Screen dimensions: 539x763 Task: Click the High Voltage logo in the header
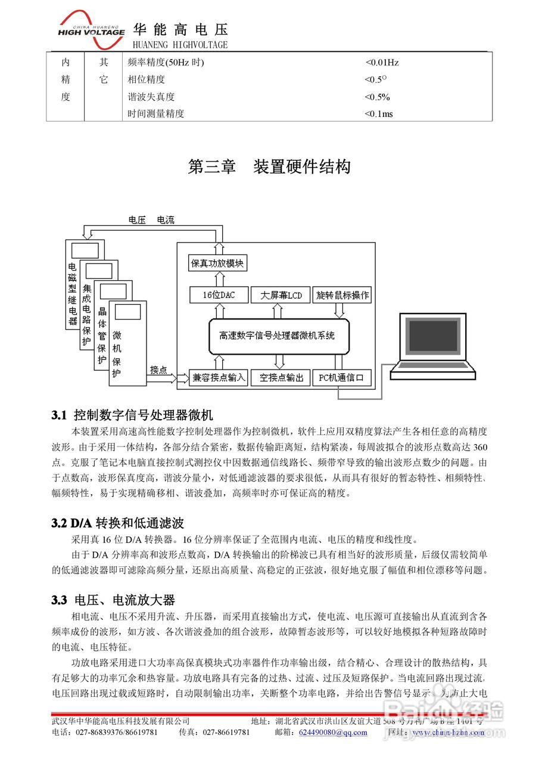pos(91,27)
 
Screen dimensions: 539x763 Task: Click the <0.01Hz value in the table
pos(382,62)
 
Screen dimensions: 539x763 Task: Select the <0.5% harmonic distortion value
pos(377,97)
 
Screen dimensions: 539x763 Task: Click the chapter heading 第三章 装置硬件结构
pos(269,167)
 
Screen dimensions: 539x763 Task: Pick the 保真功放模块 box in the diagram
pos(218,263)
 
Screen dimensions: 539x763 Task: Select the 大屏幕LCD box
pos(278,295)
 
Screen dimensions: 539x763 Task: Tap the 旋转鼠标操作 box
pos(342,295)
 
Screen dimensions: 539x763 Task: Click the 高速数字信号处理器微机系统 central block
pos(278,336)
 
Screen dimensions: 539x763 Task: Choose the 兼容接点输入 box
pos(218,377)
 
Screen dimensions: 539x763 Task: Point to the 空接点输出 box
pos(278,377)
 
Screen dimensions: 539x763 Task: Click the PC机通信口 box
pos(342,377)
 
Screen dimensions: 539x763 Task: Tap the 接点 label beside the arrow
pos(158,369)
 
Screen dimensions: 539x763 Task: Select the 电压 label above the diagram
pos(137,220)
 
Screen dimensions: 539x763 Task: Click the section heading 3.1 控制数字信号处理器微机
pos(132,414)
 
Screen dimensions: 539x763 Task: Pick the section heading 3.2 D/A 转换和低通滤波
pos(118,523)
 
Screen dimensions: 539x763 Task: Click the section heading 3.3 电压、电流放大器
pos(113,600)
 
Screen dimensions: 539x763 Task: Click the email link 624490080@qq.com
pos(333,732)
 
